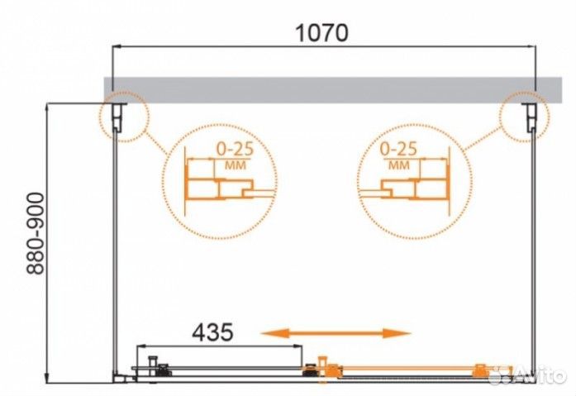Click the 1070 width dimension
321,32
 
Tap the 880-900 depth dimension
36,234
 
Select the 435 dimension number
212,332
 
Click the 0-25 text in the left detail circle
235,149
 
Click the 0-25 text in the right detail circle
398,149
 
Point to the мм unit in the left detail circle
235,165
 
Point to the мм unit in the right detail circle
399,165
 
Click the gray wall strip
333,89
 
